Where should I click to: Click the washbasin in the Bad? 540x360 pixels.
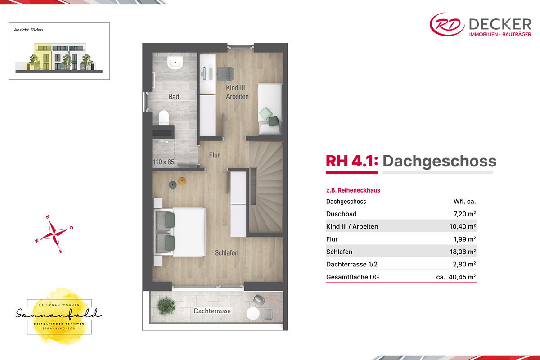175,63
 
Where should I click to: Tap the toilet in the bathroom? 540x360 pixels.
164,117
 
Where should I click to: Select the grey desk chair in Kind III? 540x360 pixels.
225,73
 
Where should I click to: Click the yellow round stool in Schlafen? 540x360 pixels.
182,180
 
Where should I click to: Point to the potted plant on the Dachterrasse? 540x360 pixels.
166,306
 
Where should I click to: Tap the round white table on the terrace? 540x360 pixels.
253,314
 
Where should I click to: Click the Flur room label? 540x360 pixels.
214,155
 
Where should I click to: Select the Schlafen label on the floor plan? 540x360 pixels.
226,253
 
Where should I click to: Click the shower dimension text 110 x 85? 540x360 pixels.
163,162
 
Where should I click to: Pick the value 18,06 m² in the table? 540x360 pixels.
463,252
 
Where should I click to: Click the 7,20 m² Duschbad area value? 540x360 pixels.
464,214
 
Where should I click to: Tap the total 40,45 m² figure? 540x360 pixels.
462,277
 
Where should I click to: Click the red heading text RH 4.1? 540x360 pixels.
352,161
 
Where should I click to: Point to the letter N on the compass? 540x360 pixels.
48,217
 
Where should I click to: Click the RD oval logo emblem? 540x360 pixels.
447,24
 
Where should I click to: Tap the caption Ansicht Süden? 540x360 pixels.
28,30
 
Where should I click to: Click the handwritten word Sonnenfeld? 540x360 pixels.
59,313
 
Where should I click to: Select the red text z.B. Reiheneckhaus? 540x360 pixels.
353,190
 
